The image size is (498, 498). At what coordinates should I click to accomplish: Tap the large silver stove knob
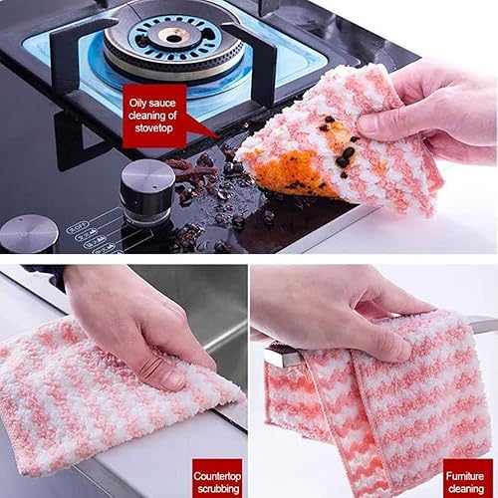click(x=146, y=191)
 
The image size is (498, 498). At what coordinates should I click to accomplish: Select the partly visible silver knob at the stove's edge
click(x=27, y=235)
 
